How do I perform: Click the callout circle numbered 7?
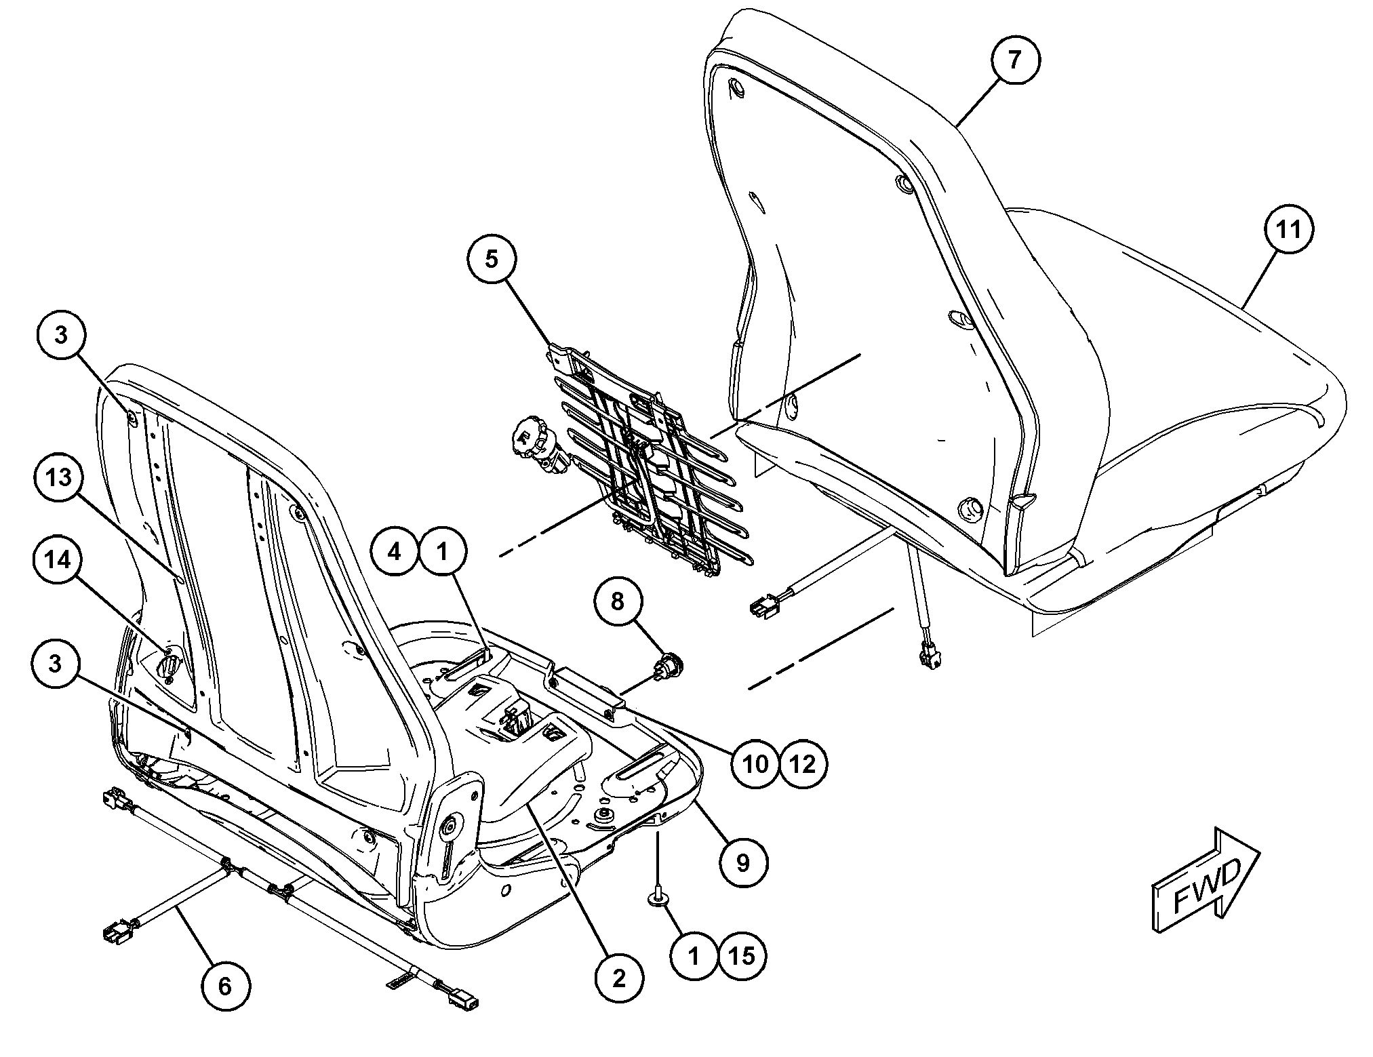point(1014,60)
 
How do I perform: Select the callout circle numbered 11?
point(1288,230)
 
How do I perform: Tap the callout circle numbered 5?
point(492,259)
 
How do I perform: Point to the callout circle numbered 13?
point(59,477)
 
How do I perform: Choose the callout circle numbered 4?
point(395,552)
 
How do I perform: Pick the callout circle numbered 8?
point(618,601)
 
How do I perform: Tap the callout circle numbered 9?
point(743,863)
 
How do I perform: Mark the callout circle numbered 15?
point(742,956)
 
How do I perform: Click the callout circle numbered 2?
point(618,978)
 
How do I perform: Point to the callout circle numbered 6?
point(225,986)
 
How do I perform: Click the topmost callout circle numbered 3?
point(61,335)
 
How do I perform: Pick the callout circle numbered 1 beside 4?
point(443,552)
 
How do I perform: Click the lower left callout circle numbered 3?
point(56,664)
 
